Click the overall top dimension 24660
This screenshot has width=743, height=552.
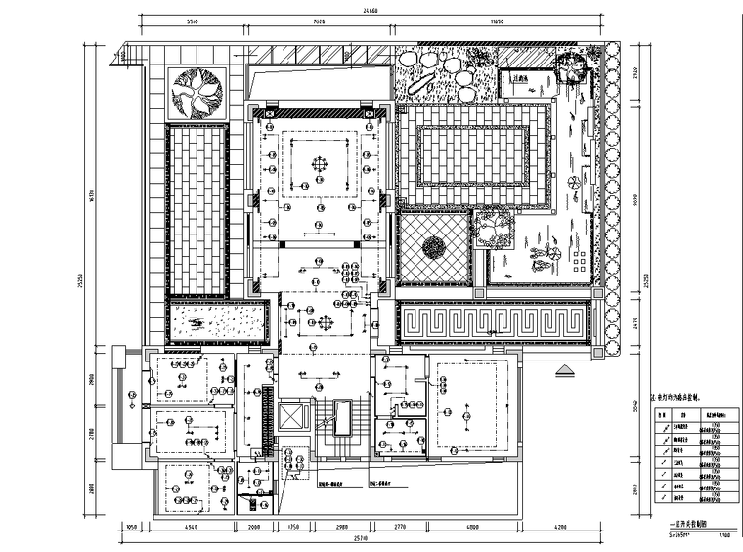(x=367, y=10)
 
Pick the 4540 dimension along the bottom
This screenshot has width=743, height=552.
(x=193, y=528)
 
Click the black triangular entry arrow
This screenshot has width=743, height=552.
(x=564, y=371)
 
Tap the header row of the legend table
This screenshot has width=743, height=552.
(x=690, y=414)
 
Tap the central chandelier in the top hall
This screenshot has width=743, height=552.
(x=320, y=163)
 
